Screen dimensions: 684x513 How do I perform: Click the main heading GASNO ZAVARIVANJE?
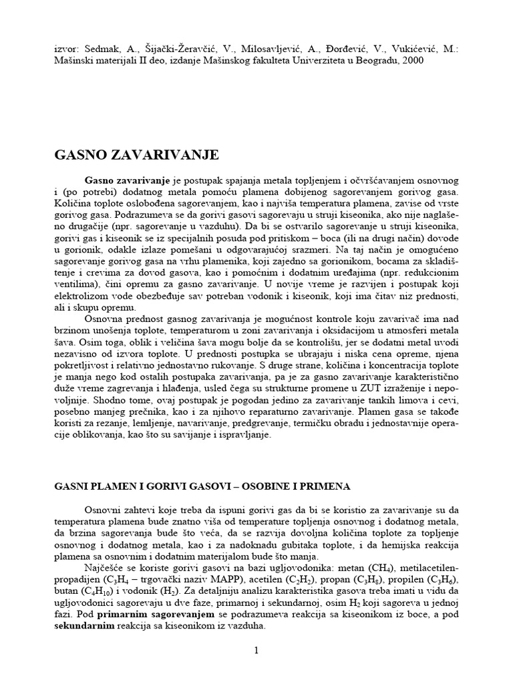click(136, 156)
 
